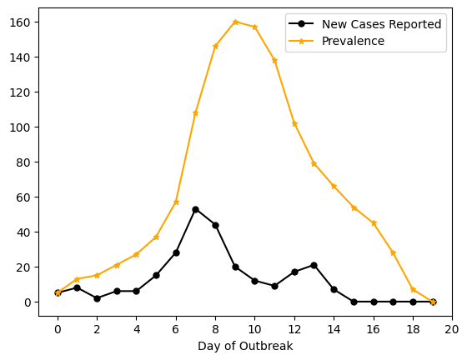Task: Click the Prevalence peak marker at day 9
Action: click(235, 22)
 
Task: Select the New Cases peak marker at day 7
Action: click(195, 209)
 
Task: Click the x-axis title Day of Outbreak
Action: click(245, 346)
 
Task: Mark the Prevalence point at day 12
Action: click(294, 123)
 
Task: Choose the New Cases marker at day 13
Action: click(314, 265)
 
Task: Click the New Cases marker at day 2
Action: click(97, 298)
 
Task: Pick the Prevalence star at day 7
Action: click(195, 112)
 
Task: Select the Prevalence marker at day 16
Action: click(373, 223)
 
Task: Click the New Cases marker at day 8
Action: click(215, 225)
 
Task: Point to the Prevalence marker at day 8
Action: click(215, 46)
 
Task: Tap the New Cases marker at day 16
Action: click(373, 302)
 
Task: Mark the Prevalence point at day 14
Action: click(334, 186)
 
